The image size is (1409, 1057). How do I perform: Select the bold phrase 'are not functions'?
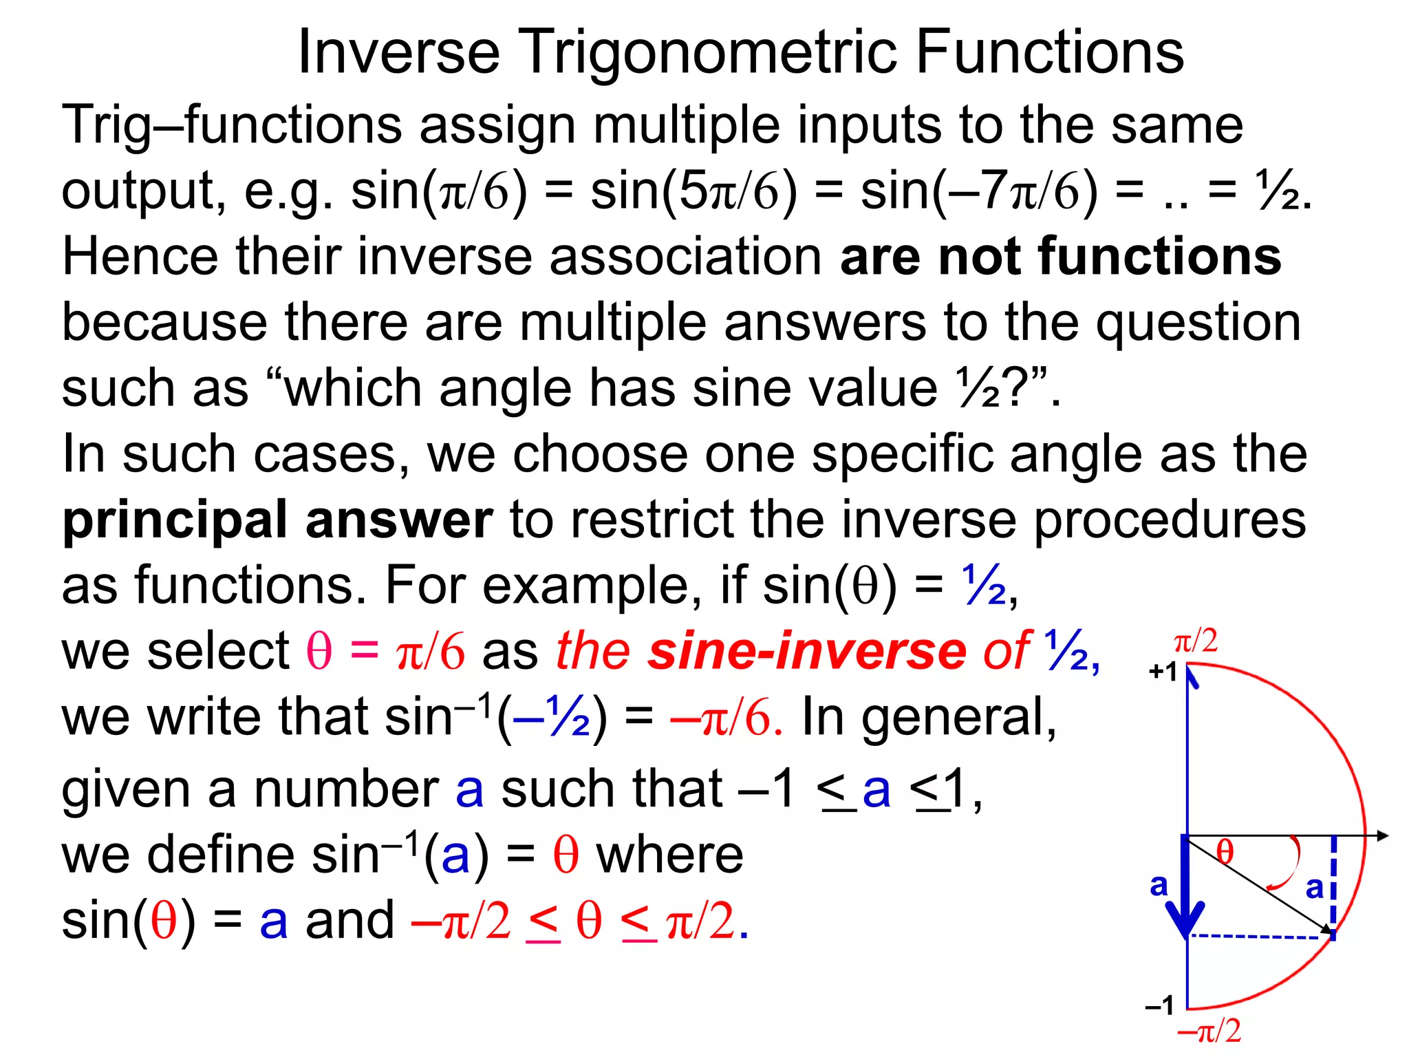1060,256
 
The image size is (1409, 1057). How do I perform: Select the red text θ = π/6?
385,650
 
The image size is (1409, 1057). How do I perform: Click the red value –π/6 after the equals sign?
726,717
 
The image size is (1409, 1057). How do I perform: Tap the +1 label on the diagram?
1163,672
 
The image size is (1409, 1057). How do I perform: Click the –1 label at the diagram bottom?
1159,1006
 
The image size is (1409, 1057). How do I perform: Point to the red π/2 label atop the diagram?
1196,641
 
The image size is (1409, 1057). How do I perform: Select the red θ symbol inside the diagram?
1225,852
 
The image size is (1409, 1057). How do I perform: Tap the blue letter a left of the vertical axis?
1159,885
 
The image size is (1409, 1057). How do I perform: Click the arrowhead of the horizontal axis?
1383,836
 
